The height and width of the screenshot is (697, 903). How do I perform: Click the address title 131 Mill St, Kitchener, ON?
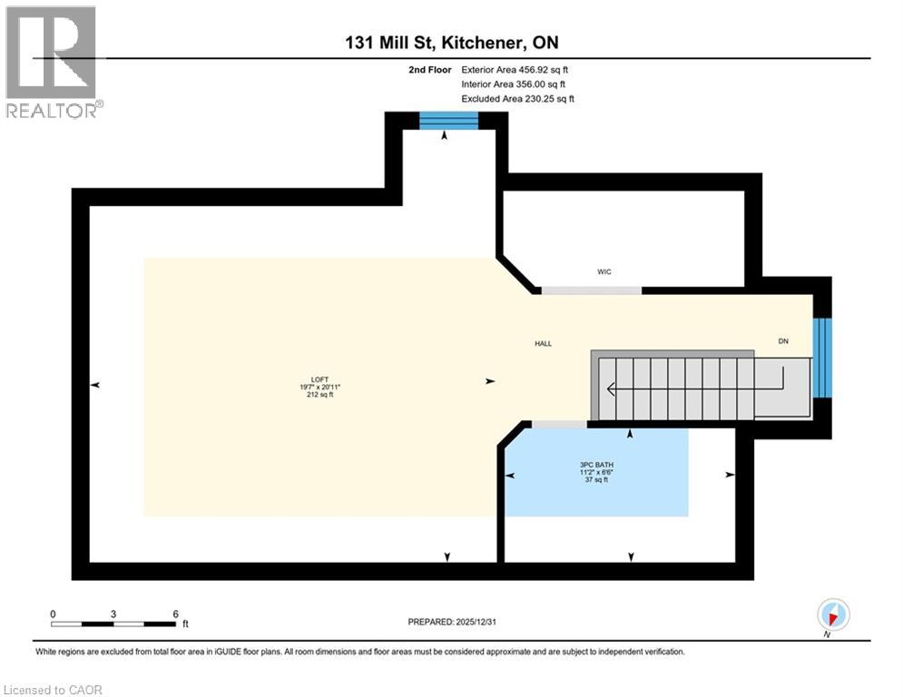point(451,43)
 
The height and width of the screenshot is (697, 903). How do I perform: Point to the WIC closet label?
point(604,271)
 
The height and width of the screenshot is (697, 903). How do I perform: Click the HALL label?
point(543,344)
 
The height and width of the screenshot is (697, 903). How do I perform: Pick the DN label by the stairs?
point(783,341)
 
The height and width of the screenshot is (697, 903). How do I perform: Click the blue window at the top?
point(447,121)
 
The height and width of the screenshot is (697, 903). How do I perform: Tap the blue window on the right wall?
point(821,358)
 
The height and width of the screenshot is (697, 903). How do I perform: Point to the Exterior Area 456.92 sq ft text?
point(515,69)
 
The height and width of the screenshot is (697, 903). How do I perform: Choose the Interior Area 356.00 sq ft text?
point(514,83)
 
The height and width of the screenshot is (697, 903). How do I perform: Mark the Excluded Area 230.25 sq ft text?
point(517,98)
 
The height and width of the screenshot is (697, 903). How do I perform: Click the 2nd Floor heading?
point(430,69)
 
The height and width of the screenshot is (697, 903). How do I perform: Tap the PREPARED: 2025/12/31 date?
point(451,622)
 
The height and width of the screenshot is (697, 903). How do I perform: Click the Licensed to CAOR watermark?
point(54,690)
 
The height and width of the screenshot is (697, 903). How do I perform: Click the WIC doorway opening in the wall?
point(592,290)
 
